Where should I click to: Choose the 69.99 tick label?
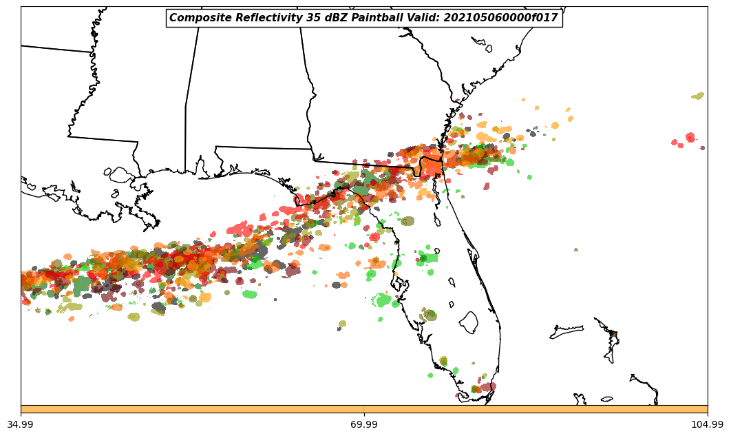pos(364,424)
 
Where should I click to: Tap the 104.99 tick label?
pos(707,424)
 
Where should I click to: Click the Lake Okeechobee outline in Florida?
pos(469,322)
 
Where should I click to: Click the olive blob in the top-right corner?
pos(698,96)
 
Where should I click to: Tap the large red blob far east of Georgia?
pos(690,138)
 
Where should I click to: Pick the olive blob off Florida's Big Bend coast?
pos(407,221)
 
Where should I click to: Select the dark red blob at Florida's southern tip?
pos(488,387)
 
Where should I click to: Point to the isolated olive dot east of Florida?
pos(576,250)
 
